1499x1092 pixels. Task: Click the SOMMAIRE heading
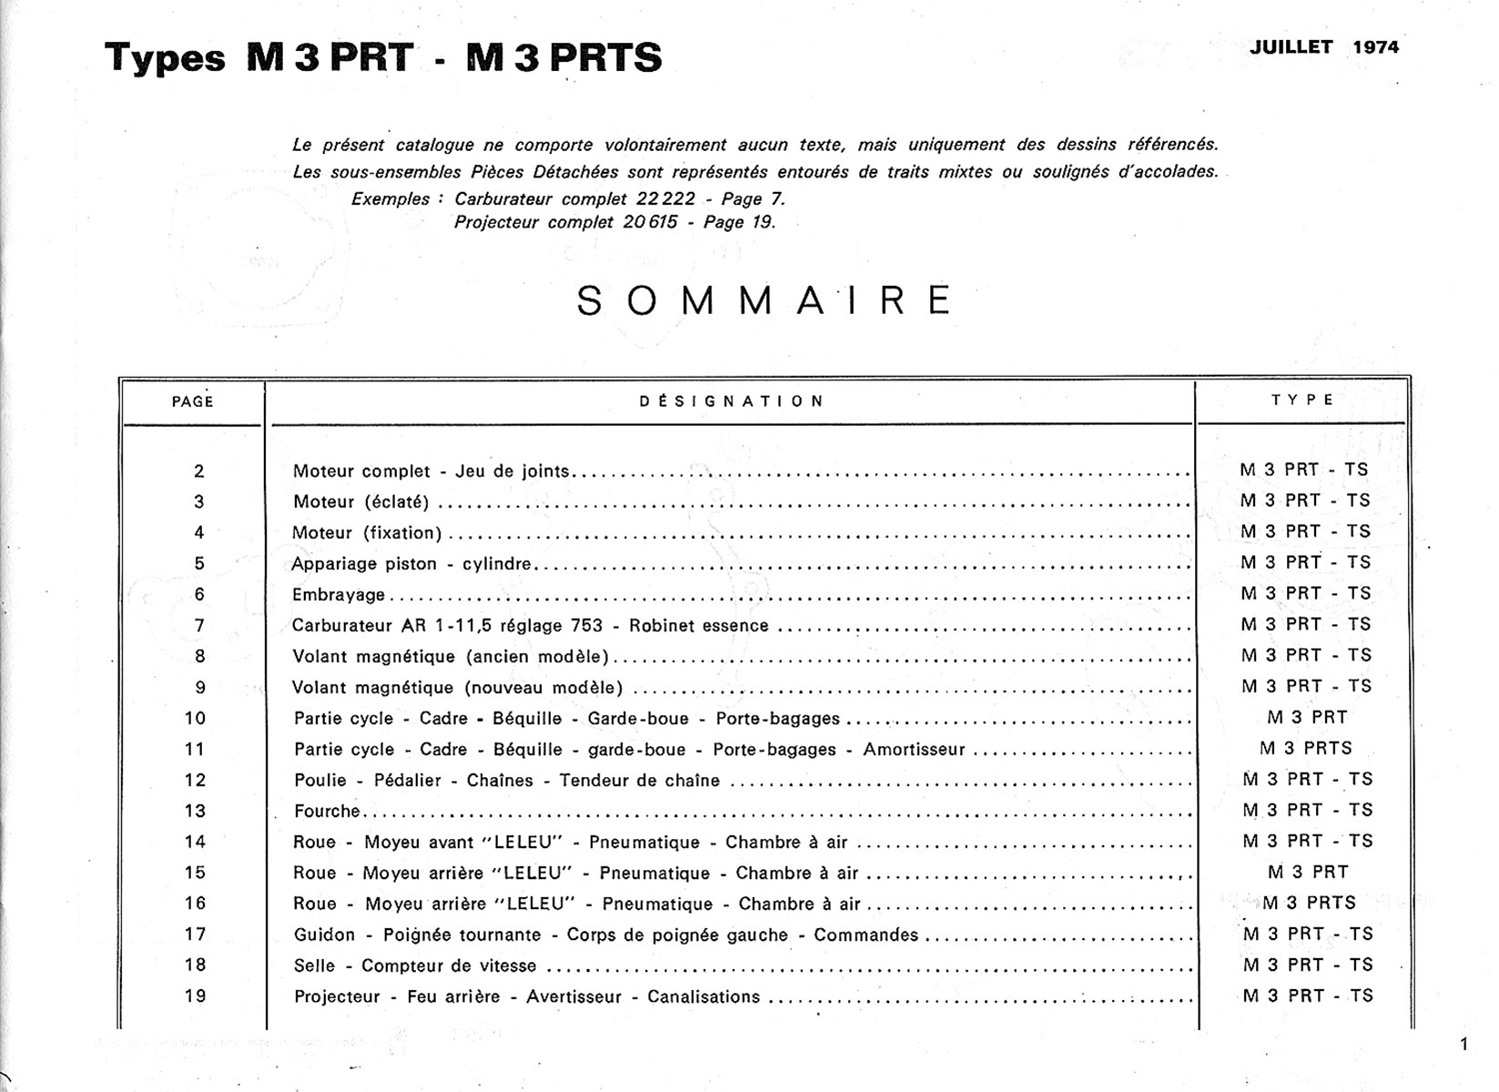point(765,300)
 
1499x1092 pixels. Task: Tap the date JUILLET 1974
point(1323,47)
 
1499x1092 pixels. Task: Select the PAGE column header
point(192,401)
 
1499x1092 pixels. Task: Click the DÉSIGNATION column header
point(732,400)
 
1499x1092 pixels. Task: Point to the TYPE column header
point(1302,399)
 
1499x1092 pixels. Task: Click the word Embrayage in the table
point(339,595)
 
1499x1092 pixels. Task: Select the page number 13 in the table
point(195,811)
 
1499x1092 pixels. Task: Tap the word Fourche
point(327,811)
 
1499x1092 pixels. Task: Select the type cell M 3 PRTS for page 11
point(1306,748)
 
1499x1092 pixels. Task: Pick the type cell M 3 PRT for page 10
point(1307,717)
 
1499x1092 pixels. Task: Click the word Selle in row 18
point(314,966)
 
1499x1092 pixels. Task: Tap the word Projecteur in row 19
point(337,996)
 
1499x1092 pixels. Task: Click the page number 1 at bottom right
point(1464,1045)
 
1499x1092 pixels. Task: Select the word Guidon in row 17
point(324,935)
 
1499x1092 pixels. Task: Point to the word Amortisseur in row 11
point(914,750)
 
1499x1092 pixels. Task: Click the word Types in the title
point(165,58)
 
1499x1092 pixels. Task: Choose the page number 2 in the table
point(199,471)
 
